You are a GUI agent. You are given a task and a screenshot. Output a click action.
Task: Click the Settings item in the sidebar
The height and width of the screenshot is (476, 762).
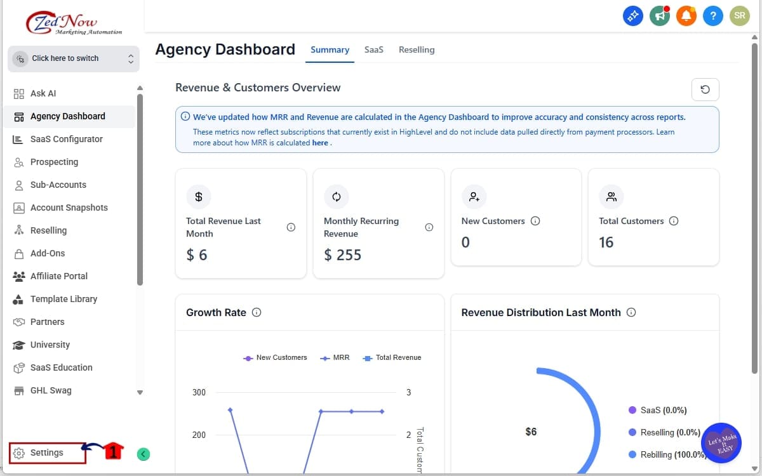[x=46, y=453]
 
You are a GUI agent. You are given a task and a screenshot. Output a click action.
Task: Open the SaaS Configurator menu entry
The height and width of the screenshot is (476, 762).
[x=66, y=139]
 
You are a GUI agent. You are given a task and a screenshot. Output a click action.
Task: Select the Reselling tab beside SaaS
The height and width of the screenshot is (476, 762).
[x=417, y=50]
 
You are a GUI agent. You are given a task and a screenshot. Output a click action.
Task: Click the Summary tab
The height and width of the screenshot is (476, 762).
[x=330, y=50]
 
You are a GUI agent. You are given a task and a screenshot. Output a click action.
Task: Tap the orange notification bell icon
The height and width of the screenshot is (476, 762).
[x=686, y=17]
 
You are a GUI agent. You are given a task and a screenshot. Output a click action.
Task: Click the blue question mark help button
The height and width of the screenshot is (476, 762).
[x=712, y=17]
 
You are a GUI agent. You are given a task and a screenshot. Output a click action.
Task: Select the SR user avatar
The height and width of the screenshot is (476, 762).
[x=739, y=17]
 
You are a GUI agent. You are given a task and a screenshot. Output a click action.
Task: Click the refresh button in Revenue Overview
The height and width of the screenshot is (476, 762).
[x=705, y=89]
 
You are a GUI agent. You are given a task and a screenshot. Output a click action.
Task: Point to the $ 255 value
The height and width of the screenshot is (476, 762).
[x=342, y=255]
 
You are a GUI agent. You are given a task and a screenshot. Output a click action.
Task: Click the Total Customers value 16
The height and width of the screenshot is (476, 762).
[x=606, y=242]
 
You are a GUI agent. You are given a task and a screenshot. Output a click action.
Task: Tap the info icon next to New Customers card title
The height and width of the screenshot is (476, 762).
[x=535, y=221]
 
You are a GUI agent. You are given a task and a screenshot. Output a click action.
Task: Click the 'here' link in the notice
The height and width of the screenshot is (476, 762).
[x=320, y=143]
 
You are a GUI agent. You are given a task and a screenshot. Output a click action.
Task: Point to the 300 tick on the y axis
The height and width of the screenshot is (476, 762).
[x=199, y=392]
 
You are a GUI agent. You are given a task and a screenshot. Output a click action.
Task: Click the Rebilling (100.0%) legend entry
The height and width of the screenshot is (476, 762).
[x=667, y=454]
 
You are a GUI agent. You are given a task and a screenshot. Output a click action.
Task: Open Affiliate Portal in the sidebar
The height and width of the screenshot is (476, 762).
[x=58, y=276]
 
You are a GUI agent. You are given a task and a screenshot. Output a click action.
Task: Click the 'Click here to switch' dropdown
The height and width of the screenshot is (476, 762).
[x=74, y=58]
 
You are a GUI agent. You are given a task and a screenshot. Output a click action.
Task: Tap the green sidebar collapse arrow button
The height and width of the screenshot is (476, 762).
[x=144, y=454]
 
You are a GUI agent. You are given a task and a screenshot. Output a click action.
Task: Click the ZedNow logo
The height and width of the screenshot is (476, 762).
[x=73, y=24]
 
